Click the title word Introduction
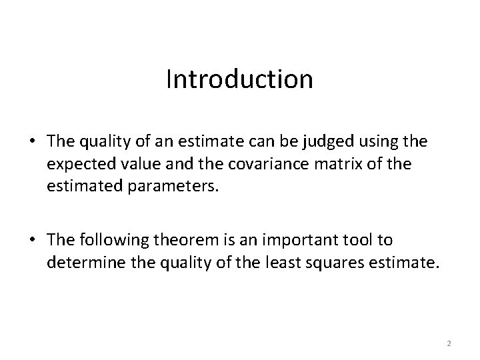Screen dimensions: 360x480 coord(239,79)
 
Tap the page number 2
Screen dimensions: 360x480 coord(449,343)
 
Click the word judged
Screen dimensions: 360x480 coord(321,142)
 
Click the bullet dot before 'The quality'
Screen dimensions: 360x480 coord(32,143)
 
